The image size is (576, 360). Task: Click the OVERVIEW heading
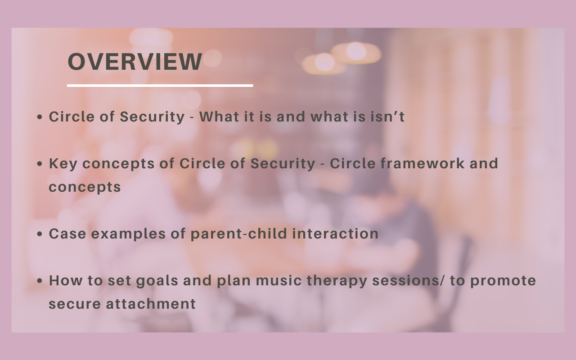(135, 61)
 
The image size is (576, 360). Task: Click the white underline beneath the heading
(160, 85)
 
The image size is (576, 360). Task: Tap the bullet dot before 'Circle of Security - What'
(40, 117)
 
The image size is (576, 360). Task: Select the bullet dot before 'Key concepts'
(40, 164)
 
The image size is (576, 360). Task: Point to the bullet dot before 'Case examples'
(40, 234)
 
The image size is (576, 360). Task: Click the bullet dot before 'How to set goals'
(40, 281)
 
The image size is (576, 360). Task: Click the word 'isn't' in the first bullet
(387, 117)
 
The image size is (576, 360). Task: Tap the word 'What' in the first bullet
(219, 117)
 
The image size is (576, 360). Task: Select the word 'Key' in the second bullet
(63, 164)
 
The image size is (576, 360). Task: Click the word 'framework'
(423, 163)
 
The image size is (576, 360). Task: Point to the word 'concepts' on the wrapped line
(85, 188)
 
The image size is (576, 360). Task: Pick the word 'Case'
(67, 234)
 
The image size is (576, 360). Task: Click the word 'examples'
(128, 234)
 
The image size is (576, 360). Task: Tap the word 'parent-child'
(238, 234)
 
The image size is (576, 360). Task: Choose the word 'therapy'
(337, 281)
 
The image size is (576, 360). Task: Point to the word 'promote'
(503, 281)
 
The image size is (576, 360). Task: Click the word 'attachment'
(151, 304)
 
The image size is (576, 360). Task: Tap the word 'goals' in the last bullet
(157, 281)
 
